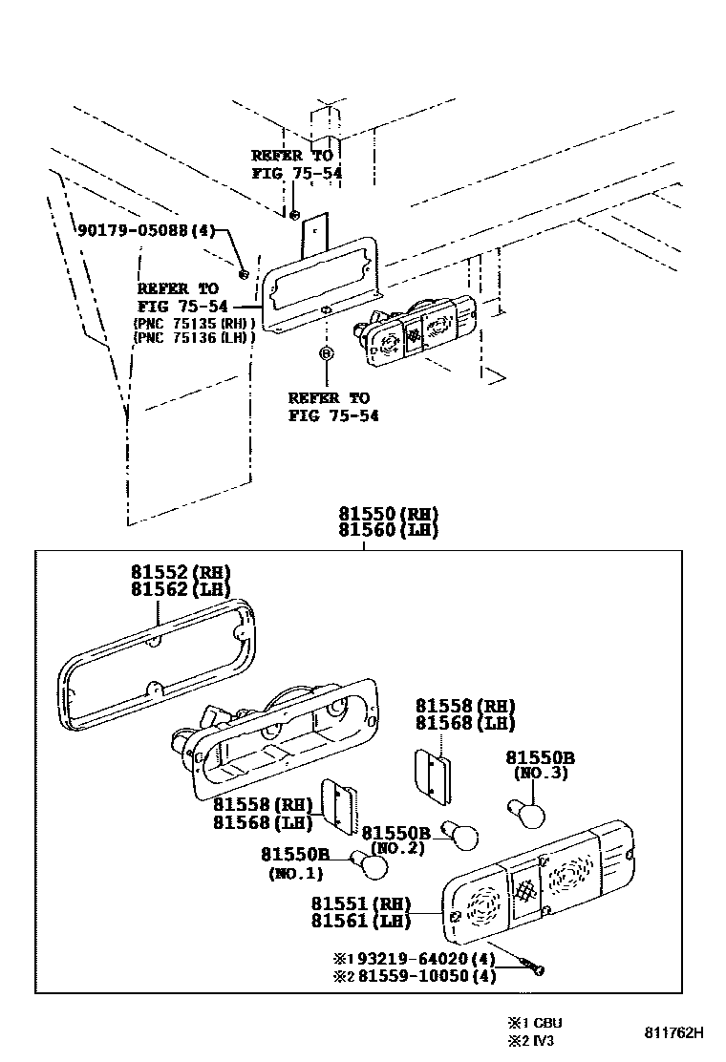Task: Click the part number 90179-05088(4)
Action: pos(147,230)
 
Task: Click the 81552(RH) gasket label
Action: pos(181,572)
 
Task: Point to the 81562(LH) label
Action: pos(181,589)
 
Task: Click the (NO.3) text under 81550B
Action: pos(542,773)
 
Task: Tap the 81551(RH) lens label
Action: pos(360,903)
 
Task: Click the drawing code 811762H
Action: pos(672,1032)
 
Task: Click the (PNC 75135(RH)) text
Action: pos(194,323)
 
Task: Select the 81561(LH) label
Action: pos(360,922)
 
